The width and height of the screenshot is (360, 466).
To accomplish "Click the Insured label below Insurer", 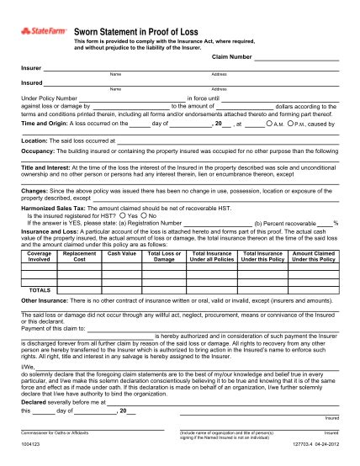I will [x=32, y=82].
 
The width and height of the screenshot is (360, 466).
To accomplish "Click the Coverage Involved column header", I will [x=39, y=256].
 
